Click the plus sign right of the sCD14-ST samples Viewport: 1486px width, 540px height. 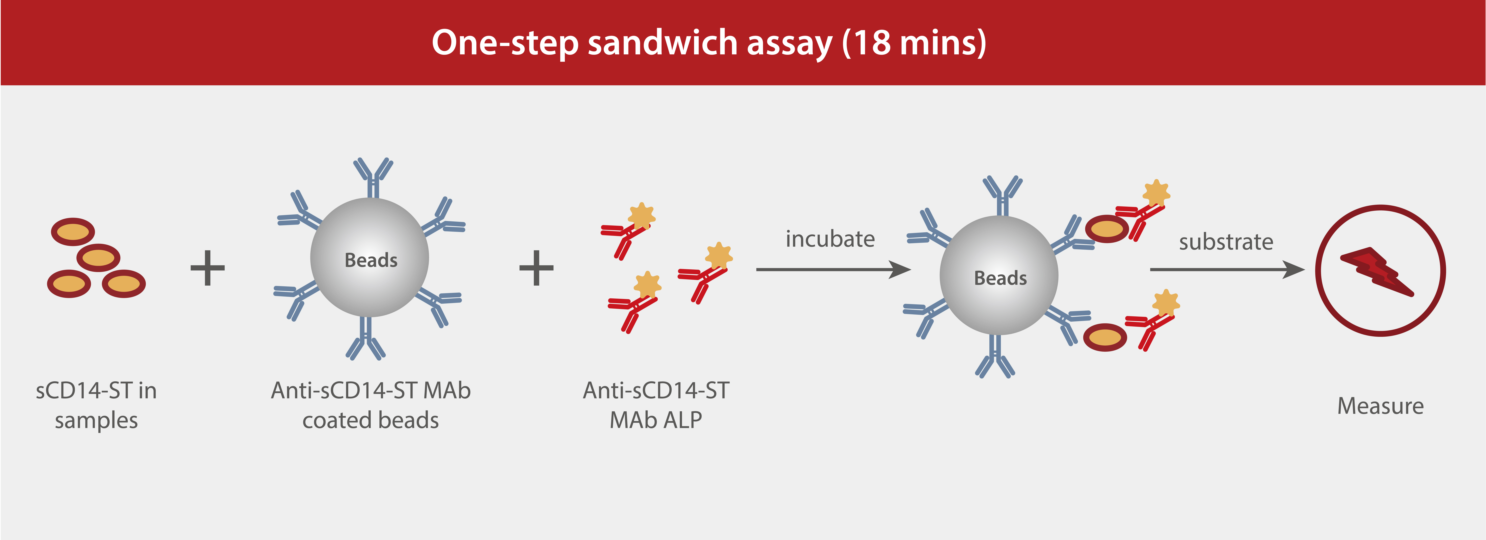point(208,268)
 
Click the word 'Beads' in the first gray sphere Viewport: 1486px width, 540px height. point(371,261)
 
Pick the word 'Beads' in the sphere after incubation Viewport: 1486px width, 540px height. point(1000,278)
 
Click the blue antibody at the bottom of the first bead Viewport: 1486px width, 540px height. point(365,340)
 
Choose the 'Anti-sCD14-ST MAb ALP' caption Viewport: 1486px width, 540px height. point(656,405)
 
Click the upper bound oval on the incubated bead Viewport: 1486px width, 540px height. point(1106,229)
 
